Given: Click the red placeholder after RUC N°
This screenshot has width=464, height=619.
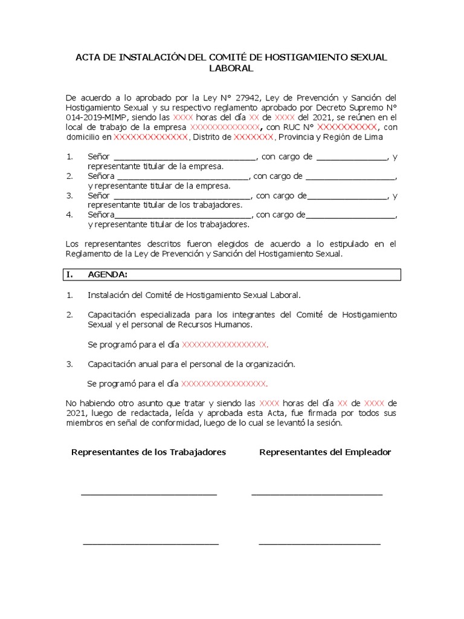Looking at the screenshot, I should click(x=347, y=128).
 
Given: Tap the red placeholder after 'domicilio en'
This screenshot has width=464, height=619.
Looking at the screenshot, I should click(x=151, y=137).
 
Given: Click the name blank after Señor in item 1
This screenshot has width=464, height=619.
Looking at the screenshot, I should click(x=185, y=157).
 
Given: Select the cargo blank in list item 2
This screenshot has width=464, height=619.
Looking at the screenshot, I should click(x=350, y=177).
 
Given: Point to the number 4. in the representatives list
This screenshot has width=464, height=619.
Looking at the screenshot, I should click(x=69, y=215).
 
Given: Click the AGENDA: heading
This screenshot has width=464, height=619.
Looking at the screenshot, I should click(x=108, y=274).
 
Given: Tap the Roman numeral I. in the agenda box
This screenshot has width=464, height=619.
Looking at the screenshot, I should click(x=70, y=274).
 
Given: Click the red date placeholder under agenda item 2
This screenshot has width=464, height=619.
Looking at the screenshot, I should click(x=224, y=345).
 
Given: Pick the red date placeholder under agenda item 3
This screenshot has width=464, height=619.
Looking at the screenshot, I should click(x=224, y=383).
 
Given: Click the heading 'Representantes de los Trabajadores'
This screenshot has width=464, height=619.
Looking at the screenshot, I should click(x=149, y=452).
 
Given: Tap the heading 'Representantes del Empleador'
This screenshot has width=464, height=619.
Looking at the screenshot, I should click(x=325, y=452).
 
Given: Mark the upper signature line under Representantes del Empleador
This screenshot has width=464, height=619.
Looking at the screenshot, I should click(x=317, y=494).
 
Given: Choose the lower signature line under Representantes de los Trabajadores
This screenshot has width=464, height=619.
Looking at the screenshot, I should click(x=150, y=544).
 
